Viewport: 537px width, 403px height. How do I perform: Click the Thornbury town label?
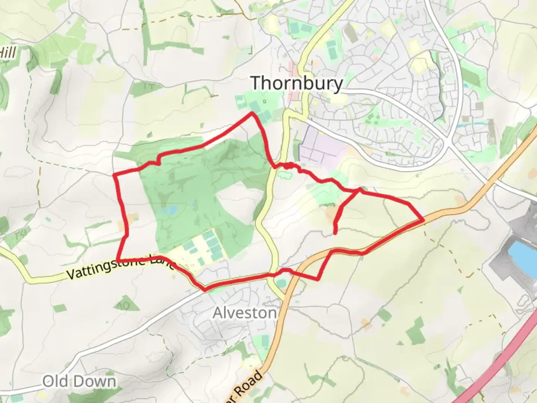[296, 83]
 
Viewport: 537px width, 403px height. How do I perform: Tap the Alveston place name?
[245, 313]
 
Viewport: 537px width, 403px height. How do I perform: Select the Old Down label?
[79, 381]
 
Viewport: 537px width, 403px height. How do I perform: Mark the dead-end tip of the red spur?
[335, 233]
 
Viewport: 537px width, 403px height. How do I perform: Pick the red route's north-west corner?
[114, 174]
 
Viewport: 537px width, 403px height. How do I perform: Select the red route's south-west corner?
[118, 259]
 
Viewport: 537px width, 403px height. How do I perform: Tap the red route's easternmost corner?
[424, 220]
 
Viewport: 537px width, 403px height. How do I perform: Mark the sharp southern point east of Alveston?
[317, 279]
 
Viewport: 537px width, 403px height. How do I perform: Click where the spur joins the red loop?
[360, 191]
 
